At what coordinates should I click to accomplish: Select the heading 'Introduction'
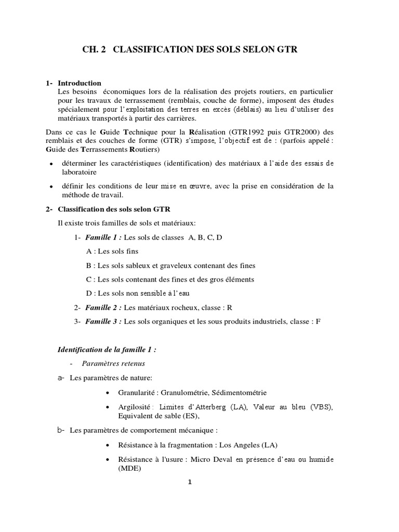point(79,83)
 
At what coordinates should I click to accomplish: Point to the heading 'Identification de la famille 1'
point(107,350)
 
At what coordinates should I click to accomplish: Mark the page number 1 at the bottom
point(190,482)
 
